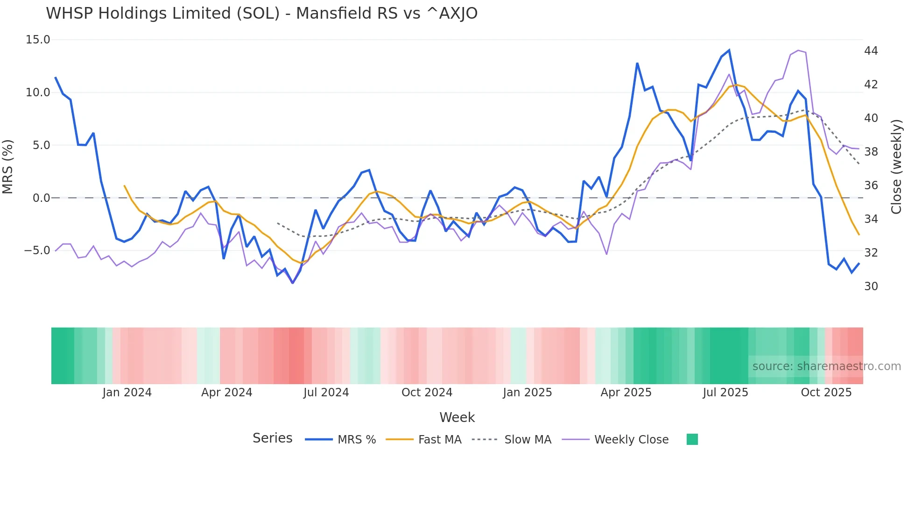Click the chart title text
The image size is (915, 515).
pyautogui.click(x=261, y=14)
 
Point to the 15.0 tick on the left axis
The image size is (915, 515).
pyautogui.click(x=38, y=40)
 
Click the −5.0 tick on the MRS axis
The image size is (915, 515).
pyautogui.click(x=37, y=250)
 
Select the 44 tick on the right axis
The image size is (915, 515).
pyautogui.click(x=871, y=50)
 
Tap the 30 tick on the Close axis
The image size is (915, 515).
pyautogui.click(x=871, y=286)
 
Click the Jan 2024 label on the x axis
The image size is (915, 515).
pyautogui.click(x=127, y=393)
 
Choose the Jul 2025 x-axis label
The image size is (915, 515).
pyautogui.click(x=725, y=393)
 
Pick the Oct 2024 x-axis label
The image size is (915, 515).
pyautogui.click(x=427, y=393)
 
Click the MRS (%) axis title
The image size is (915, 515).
pyautogui.click(x=8, y=166)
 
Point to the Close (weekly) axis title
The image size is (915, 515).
pyautogui.click(x=896, y=166)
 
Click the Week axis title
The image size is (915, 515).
pyautogui.click(x=457, y=417)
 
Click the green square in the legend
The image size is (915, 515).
pyautogui.click(x=692, y=439)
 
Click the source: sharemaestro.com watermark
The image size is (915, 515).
pyautogui.click(x=826, y=366)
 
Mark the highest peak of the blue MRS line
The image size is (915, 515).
pyautogui.click(x=729, y=50)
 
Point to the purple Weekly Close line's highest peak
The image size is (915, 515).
pyautogui.click(x=798, y=50)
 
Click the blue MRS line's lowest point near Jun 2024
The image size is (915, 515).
pyautogui.click(x=293, y=283)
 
